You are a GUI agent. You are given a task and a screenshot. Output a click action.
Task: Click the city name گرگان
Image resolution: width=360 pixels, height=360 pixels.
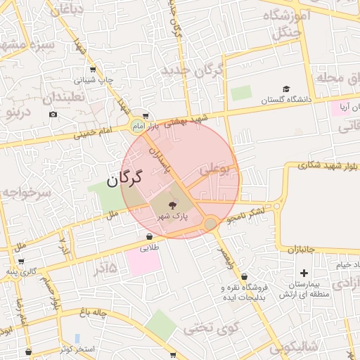click(124, 180)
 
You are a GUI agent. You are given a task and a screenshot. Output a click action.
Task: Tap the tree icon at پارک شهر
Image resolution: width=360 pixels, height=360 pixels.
click(173, 205)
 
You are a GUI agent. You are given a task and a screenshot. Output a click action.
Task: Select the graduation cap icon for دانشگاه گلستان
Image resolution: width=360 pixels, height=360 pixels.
click(286, 89)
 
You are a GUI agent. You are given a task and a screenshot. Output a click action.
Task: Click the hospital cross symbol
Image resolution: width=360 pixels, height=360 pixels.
click(304, 273)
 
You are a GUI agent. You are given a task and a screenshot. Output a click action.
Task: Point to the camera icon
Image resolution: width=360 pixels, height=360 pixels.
click(53, 114)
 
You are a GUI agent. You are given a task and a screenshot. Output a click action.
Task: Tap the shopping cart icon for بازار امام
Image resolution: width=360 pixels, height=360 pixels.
click(145, 117)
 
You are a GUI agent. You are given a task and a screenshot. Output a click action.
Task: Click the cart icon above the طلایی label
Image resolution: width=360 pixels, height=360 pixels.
click(148, 236)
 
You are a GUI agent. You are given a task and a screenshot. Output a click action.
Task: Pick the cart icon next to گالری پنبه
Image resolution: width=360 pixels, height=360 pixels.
click(21, 261)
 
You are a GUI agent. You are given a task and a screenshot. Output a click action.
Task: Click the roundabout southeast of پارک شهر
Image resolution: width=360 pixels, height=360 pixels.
click(210, 224)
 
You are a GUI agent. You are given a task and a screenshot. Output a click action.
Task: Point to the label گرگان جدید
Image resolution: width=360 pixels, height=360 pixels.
click(192, 70)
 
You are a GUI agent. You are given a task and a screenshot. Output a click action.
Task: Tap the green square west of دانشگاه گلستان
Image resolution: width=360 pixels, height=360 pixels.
click(241, 92)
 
